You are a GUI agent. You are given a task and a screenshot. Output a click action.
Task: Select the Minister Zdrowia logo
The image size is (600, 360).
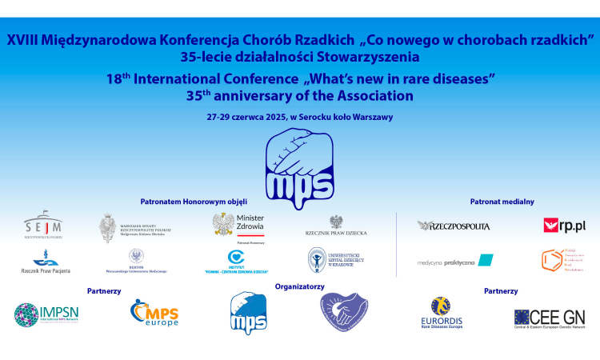click(238, 225)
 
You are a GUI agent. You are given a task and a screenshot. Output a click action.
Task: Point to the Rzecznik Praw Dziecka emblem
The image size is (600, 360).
click(336, 226)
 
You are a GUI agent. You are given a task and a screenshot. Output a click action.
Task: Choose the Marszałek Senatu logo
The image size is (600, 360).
click(134, 228)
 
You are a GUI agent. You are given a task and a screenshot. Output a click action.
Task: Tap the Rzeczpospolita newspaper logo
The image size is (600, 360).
click(454, 226)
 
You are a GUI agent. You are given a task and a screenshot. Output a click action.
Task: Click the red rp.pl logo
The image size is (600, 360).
click(564, 226)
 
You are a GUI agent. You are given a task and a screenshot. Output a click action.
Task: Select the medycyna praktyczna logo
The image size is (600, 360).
click(455, 261)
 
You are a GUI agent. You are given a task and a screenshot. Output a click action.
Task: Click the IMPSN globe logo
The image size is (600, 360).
click(46, 314)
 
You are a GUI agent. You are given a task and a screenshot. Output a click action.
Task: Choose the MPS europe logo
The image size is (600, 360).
click(154, 313)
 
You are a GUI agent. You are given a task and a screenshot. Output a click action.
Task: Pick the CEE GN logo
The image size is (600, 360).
click(550, 318)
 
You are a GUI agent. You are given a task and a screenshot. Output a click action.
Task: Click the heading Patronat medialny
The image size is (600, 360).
click(502, 202)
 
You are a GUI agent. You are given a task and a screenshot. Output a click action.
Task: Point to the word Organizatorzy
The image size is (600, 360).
click(299, 286)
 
